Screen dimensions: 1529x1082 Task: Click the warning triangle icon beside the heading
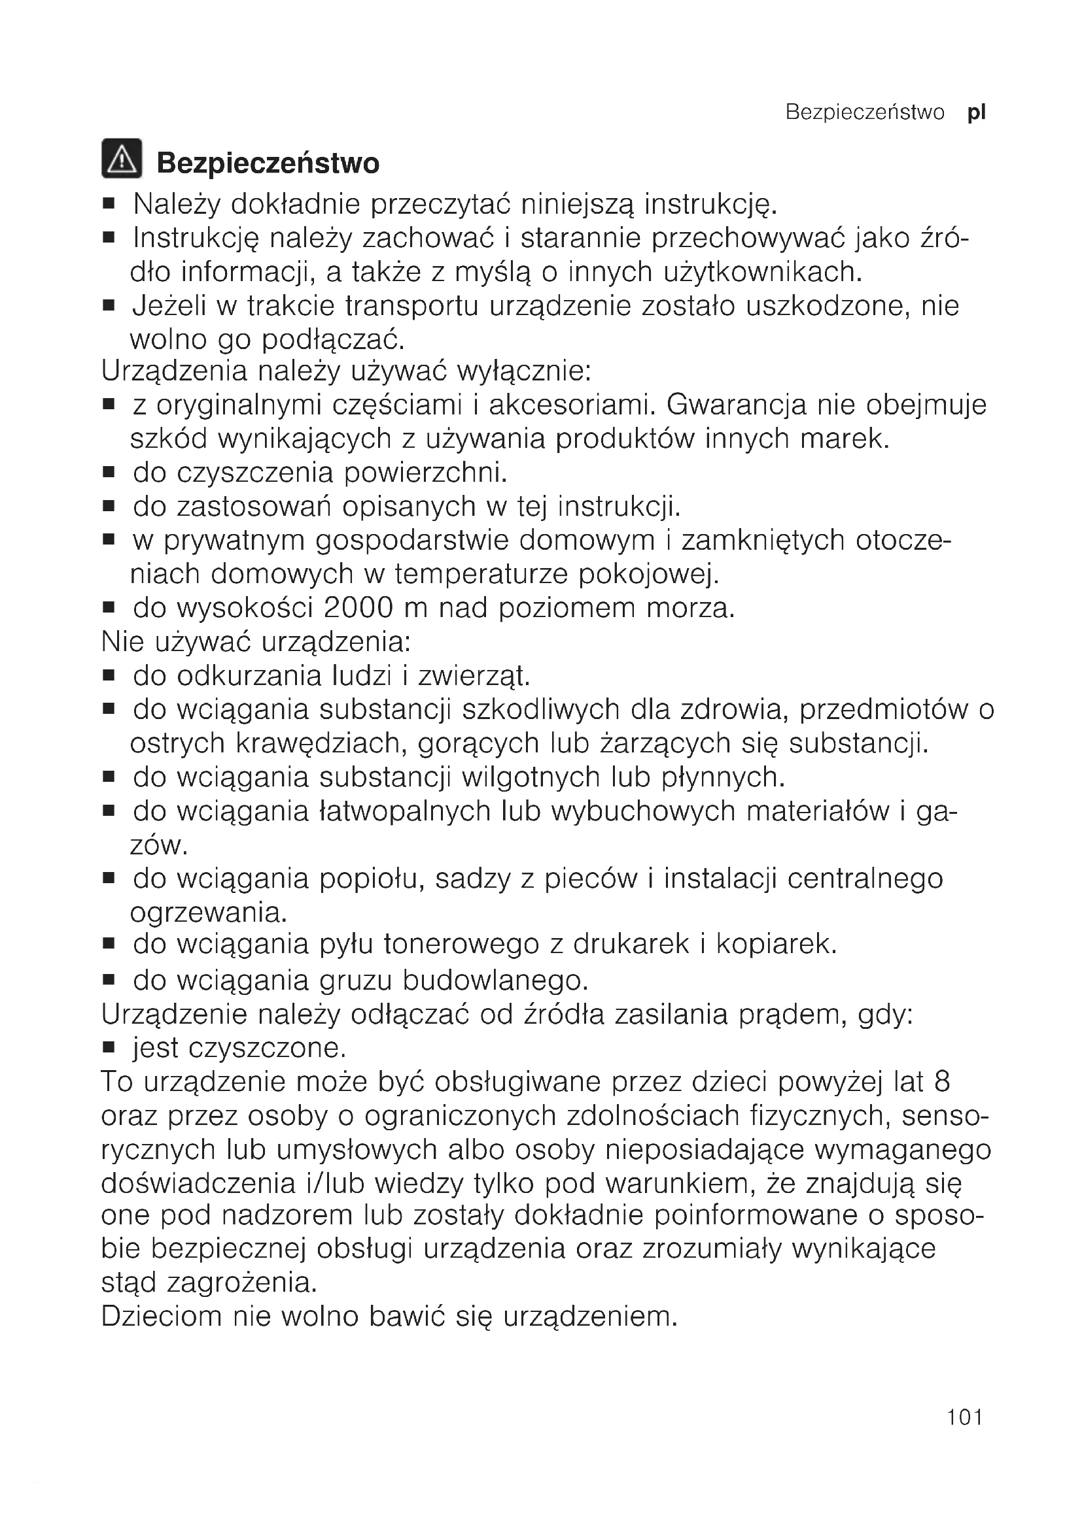121,158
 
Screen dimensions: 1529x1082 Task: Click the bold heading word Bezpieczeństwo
268,163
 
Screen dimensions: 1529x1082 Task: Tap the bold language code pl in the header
976,112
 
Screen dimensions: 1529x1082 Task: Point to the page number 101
965,1436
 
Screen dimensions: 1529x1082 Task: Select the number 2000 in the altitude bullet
358,608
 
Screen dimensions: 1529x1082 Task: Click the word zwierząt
474,676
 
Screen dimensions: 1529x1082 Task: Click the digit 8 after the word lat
941,1081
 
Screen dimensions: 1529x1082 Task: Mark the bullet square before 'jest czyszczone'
109,1047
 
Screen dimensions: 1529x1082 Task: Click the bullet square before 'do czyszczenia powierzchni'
109,473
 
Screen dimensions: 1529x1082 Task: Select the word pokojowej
649,574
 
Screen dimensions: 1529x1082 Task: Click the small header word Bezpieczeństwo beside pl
865,112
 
